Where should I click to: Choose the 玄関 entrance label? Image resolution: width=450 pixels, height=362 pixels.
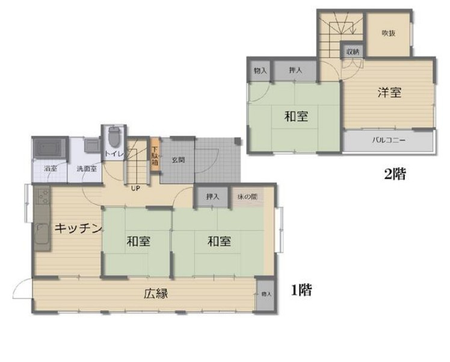coord(178,160)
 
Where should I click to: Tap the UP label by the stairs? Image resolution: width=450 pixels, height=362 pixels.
coord(136,187)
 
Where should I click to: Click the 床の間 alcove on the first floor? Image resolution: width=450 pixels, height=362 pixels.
coord(247,196)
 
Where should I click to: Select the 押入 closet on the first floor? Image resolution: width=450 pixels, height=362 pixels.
coord(212,196)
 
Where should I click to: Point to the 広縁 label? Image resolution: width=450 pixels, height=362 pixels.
coord(155,294)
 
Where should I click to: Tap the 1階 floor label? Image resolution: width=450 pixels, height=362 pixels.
coord(302,290)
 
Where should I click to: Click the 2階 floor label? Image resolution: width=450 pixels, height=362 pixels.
coord(395,175)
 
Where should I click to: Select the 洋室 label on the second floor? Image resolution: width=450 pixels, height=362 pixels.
coord(389,93)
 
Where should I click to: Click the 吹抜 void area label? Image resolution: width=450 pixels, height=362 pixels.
coord(389,33)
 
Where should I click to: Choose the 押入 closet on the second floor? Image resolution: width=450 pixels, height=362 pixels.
coord(295,71)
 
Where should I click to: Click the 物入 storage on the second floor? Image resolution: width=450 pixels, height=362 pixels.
coord(260,71)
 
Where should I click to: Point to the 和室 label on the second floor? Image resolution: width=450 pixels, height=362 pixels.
coord(296,116)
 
